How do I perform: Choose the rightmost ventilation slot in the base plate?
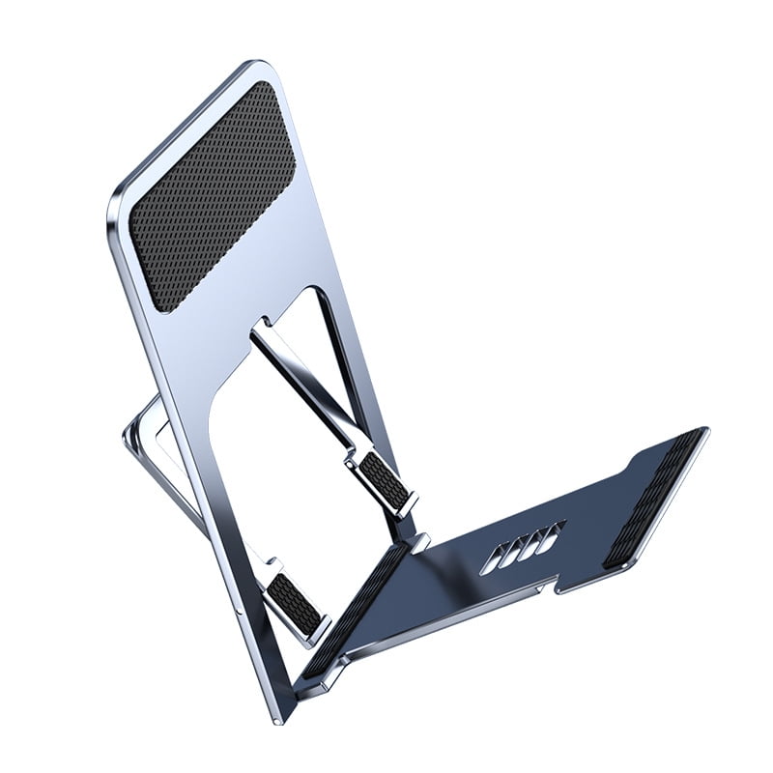tap(553, 535)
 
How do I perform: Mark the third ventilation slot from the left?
tap(532, 542)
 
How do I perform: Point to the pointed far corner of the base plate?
tap(705, 431)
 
